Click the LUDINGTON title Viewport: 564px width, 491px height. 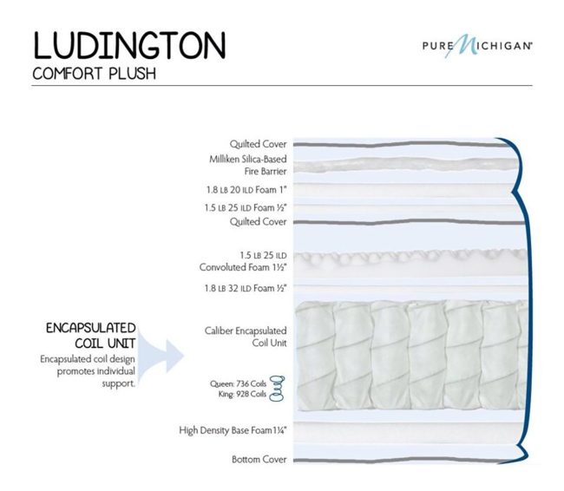point(129,45)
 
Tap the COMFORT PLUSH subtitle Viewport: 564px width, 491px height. point(95,74)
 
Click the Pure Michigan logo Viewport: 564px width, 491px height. point(477,46)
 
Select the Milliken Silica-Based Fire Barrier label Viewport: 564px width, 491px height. point(248,165)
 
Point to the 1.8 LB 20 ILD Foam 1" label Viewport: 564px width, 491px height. point(246,190)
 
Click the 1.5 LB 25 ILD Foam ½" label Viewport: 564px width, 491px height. point(246,207)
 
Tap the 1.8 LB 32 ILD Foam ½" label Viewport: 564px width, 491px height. point(246,288)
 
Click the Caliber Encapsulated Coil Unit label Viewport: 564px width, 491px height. point(246,337)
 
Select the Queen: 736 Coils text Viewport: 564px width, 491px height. point(238,383)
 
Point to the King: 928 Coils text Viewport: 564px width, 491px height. point(242,394)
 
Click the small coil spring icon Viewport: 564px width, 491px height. point(277,389)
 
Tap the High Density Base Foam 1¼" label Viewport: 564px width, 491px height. point(233,430)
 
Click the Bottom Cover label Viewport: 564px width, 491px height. point(259,460)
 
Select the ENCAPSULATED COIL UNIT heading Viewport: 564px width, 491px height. point(90,336)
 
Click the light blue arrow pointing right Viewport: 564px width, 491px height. point(160,357)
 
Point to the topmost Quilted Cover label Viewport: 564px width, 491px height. point(259,144)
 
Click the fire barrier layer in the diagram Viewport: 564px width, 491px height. point(406,165)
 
